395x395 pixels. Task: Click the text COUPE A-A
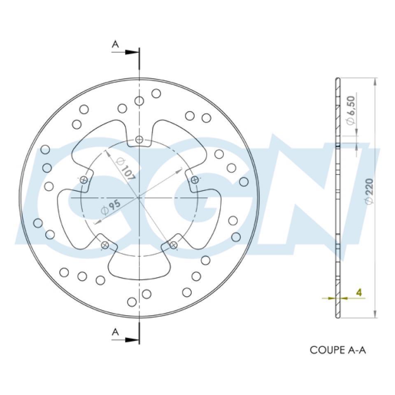(x=337, y=350)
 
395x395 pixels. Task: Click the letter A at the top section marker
(x=116, y=44)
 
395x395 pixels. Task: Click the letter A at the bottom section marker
(x=116, y=332)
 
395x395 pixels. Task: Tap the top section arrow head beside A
(x=132, y=52)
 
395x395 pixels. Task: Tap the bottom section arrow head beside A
(x=132, y=340)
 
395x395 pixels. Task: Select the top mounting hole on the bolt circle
(x=139, y=140)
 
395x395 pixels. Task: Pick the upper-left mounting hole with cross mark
(x=84, y=179)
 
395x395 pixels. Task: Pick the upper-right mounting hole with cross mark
(x=195, y=179)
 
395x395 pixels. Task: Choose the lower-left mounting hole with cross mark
(x=105, y=245)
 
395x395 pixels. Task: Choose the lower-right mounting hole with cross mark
(x=174, y=245)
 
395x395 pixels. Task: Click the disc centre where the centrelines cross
(x=139, y=198)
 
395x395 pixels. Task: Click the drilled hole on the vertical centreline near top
(x=139, y=101)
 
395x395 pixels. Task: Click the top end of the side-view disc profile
(x=338, y=79)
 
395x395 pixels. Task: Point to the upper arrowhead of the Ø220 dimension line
(x=374, y=81)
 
